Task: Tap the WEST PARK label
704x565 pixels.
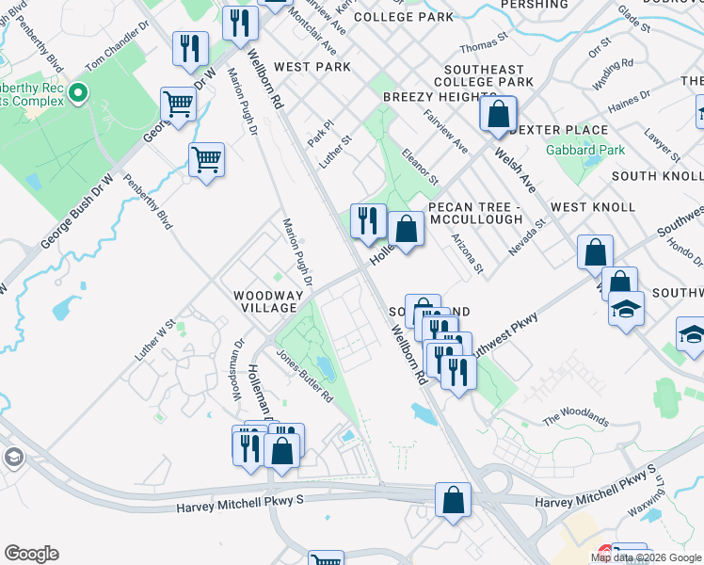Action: tap(312, 67)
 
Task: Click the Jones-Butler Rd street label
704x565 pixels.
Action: tap(304, 376)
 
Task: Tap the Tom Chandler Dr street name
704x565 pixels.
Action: tap(118, 48)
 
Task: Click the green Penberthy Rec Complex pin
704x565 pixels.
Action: tap(77, 94)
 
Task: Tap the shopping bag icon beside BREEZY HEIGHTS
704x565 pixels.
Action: tap(498, 115)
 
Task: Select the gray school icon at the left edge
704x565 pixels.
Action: tap(13, 459)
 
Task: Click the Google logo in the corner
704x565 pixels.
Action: tap(31, 554)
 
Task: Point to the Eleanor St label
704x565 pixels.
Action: tap(420, 165)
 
